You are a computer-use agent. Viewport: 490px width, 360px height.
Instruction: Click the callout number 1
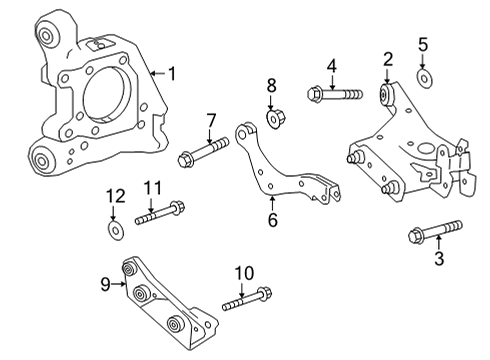tap(171, 73)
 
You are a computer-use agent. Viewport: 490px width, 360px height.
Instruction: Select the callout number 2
tap(387, 59)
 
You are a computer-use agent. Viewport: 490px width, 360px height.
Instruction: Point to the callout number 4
tap(329, 67)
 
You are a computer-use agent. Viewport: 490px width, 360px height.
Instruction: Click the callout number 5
tap(424, 44)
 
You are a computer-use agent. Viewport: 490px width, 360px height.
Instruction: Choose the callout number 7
tap(211, 121)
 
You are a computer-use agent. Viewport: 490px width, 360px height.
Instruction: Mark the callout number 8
tap(271, 85)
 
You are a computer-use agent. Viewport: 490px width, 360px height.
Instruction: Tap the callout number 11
tap(153, 186)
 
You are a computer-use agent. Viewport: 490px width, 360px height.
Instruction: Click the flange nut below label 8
tap(271, 118)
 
